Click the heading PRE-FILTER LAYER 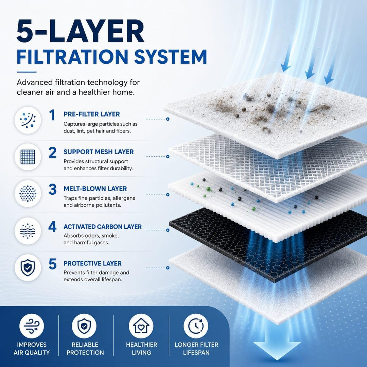[x=91, y=114]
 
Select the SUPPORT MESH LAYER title [x=99, y=152]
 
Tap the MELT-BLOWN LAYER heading [x=95, y=189]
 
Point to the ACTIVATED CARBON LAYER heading [x=103, y=227]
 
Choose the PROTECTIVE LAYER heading [x=92, y=263]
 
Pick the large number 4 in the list [x=52, y=227]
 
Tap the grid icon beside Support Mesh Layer [x=28, y=157]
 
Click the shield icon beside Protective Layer [x=28, y=268]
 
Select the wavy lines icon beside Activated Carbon [x=28, y=231]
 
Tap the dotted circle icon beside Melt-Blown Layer [x=28, y=194]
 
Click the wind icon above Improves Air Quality [x=31, y=326]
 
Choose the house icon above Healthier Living [x=141, y=326]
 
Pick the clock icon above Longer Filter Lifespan [x=196, y=326]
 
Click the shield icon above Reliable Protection [x=84, y=326]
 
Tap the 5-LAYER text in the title [x=80, y=31]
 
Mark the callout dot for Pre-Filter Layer [x=168, y=119]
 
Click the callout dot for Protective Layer [x=168, y=268]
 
